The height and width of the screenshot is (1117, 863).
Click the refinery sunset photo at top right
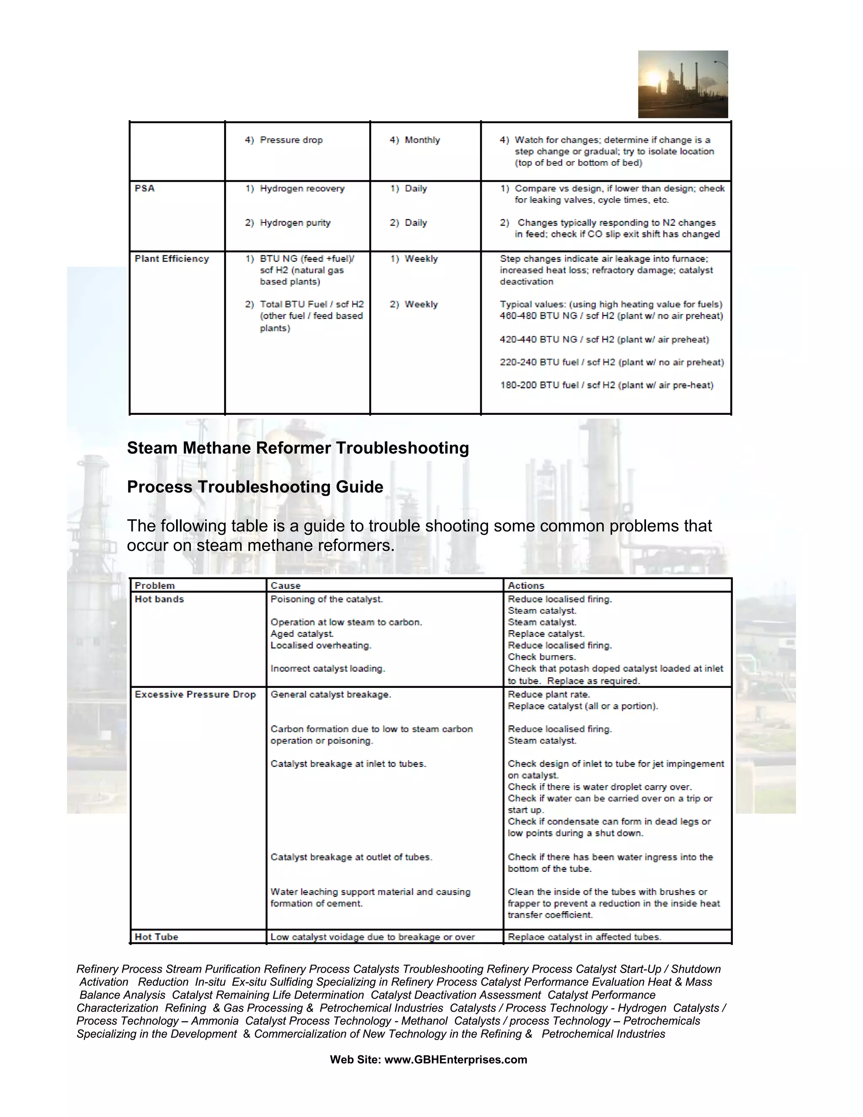tap(683, 84)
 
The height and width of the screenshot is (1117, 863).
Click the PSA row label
tap(145, 188)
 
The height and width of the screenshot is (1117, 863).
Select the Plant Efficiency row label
tap(172, 259)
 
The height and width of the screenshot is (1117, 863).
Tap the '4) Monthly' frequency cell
tap(415, 140)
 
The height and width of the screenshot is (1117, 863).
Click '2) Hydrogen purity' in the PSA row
tap(288, 223)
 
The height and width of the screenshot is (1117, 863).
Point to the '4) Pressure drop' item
tap(284, 140)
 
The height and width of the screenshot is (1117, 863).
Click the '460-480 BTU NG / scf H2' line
tap(611, 316)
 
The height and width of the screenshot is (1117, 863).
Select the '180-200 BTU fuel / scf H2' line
tap(606, 385)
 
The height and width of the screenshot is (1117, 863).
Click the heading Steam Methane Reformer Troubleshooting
tap(297, 448)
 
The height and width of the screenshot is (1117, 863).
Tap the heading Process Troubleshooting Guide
tap(255, 487)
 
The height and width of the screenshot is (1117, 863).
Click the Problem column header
tap(155, 585)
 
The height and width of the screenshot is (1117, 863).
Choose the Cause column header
tap(285, 585)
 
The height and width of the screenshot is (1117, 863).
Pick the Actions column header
tap(525, 585)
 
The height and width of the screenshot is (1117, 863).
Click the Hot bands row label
tap(159, 599)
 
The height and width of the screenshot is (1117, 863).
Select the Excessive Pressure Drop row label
tap(195, 695)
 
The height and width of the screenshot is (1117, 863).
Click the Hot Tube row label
tap(156, 937)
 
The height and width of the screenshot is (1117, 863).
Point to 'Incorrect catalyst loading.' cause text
tap(328, 669)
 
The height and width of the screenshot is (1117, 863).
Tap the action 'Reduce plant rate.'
tap(549, 695)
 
